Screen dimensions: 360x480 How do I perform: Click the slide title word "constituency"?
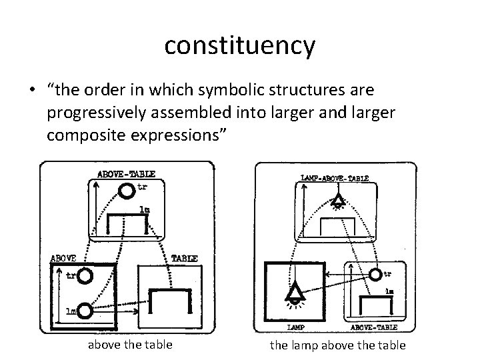pos(239,45)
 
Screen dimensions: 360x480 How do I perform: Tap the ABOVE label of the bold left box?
pos(63,257)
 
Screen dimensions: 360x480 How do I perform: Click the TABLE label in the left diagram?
pos(185,257)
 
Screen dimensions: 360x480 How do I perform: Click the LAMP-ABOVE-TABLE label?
pos(335,178)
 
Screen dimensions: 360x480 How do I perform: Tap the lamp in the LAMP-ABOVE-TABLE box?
pos(339,200)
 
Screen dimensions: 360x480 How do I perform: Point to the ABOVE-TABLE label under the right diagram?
pos(374,327)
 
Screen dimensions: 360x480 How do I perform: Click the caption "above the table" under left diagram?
pos(130,345)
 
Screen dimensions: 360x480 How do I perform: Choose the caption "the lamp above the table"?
pos(337,345)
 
